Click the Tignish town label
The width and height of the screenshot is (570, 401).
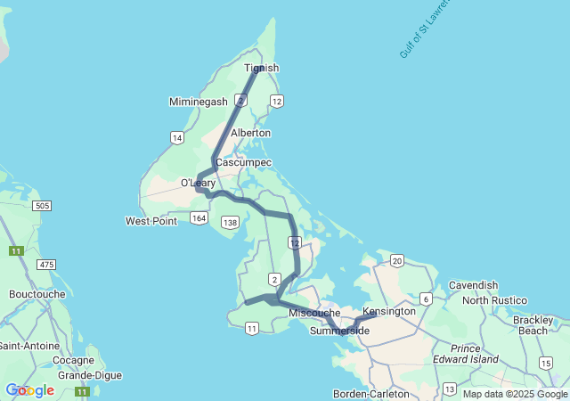(x=261, y=68)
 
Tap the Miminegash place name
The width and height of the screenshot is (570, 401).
(x=199, y=102)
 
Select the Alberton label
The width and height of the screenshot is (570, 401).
(x=250, y=133)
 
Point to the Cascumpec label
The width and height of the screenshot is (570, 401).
(x=237, y=163)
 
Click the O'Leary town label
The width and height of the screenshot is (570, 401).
(x=199, y=183)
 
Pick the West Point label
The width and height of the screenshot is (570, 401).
(x=151, y=221)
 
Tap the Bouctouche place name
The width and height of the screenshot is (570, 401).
(x=37, y=293)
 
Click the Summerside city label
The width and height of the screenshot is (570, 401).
(x=339, y=331)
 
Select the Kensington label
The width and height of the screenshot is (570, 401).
(x=389, y=311)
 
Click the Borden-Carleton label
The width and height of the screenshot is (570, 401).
(x=370, y=394)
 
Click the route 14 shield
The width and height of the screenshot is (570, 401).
(x=177, y=137)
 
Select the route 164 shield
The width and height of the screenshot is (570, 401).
(x=199, y=218)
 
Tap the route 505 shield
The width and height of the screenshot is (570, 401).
(x=41, y=206)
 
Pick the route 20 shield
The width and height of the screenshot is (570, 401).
(x=397, y=260)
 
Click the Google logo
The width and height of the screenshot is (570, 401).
(x=29, y=390)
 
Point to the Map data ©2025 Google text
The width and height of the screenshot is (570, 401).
(x=515, y=394)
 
